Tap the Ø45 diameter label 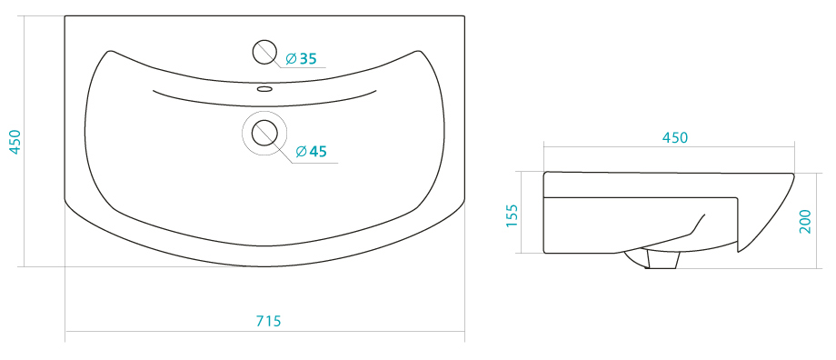pos(311,152)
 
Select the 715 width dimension pos(268,321)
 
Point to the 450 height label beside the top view pos(15,142)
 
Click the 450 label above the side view pos(675,137)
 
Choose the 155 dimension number pos(512,215)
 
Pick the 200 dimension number pos(805,221)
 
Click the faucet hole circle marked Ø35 pos(264,52)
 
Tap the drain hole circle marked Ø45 pos(264,133)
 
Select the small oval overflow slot pos(265,88)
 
